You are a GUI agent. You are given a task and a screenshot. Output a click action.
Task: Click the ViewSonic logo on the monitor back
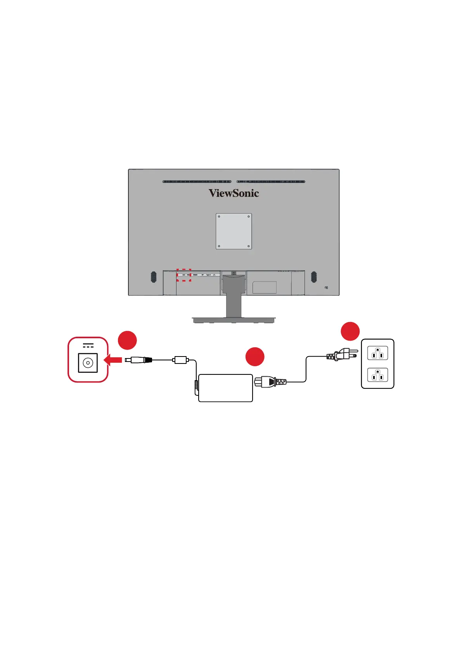pyautogui.click(x=234, y=193)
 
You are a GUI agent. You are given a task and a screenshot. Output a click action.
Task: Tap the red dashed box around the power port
pyautogui.click(x=184, y=275)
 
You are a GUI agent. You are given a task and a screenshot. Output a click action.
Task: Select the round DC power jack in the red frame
pyautogui.click(x=88, y=363)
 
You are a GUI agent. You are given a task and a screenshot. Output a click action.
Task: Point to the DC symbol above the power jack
pyautogui.click(x=88, y=345)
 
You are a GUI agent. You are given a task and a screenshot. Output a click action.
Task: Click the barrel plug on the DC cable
pyautogui.click(x=138, y=360)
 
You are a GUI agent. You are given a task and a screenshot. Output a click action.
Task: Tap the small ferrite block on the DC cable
pyautogui.click(x=180, y=360)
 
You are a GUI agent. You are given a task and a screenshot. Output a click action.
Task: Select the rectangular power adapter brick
pyautogui.click(x=225, y=388)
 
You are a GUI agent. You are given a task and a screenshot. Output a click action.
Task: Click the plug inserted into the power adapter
pyautogui.click(x=269, y=382)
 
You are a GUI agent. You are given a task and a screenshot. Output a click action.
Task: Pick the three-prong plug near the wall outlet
pyautogui.click(x=341, y=354)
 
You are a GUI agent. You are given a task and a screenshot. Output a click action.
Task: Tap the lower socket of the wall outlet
pyautogui.click(x=377, y=375)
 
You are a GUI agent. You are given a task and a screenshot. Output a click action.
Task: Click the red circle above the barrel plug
pyautogui.click(x=128, y=341)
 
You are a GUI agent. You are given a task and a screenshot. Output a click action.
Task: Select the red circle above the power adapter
pyautogui.click(x=255, y=357)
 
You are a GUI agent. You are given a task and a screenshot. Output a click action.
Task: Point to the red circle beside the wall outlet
pyautogui.click(x=350, y=331)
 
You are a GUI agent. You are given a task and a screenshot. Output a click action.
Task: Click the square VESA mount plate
pyautogui.click(x=234, y=231)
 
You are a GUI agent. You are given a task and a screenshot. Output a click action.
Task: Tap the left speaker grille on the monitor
pyautogui.click(x=154, y=277)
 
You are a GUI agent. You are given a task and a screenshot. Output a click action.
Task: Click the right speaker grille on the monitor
pyautogui.click(x=314, y=277)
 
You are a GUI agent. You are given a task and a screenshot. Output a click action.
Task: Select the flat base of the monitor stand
pyautogui.click(x=234, y=320)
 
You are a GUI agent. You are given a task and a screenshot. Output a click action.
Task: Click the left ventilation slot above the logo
pyautogui.click(x=197, y=181)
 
